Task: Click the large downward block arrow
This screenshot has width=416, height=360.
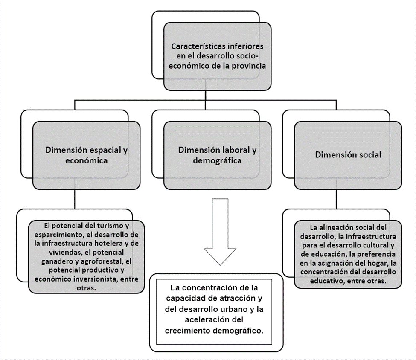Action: point(220,231)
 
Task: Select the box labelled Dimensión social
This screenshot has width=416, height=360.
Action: point(348,155)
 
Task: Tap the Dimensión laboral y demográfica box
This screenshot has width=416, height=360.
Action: point(217,155)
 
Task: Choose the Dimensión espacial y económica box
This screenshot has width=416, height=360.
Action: point(87,155)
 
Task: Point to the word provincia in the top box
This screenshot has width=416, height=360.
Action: point(249,66)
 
